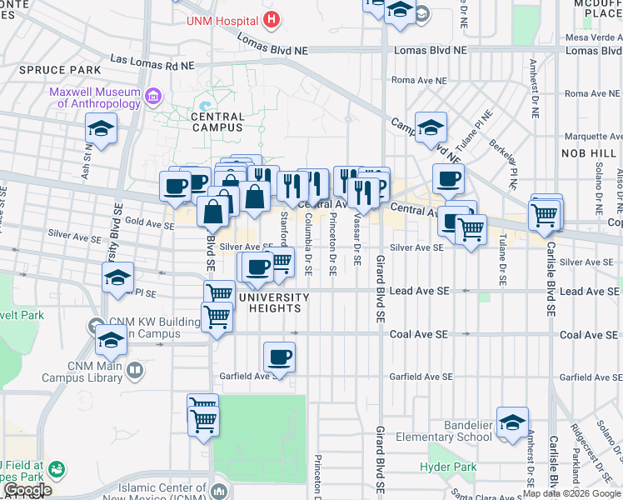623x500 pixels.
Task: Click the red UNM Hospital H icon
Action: tap(270, 18)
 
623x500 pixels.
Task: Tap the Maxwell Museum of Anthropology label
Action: tap(94, 97)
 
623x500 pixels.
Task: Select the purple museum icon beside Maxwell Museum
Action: tap(152, 97)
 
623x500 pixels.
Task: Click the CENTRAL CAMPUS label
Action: tap(218, 122)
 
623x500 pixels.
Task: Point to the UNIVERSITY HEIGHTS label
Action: tap(274, 302)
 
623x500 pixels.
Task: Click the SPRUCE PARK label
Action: tap(48, 71)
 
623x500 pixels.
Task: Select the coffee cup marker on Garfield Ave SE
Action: tap(279, 358)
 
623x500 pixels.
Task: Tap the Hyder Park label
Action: tap(441, 467)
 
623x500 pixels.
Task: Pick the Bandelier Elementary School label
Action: tap(456, 432)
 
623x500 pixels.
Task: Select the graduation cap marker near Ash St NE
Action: tap(101, 129)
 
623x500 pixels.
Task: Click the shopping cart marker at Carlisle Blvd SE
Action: tap(546, 214)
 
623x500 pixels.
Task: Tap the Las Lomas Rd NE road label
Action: tap(152, 62)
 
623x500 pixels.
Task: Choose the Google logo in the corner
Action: tap(27, 490)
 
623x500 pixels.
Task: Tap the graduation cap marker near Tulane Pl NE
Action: tap(431, 127)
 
